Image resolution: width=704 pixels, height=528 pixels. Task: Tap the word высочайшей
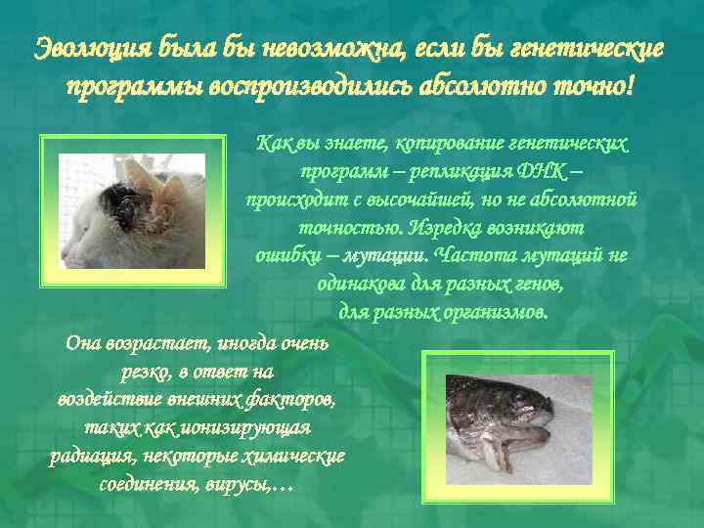pyautogui.click(x=425, y=200)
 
